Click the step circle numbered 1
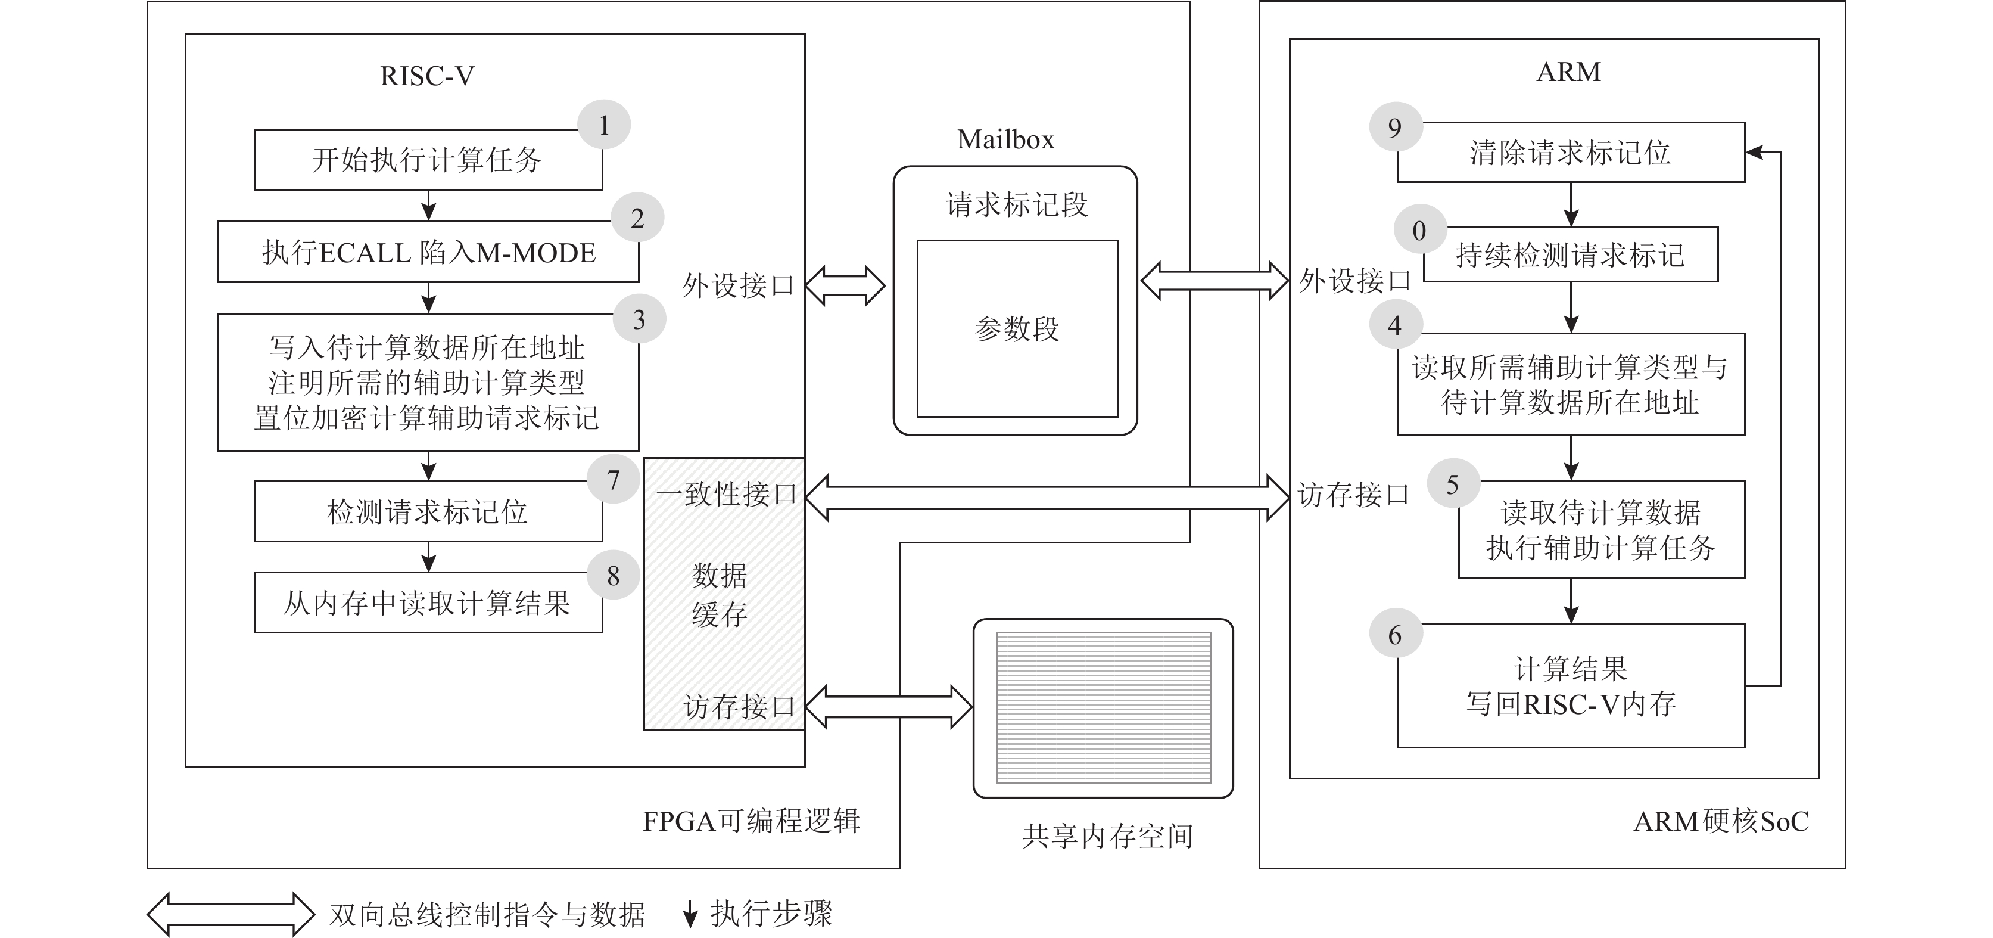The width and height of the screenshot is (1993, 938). [603, 125]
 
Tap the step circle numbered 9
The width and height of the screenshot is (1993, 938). [1395, 127]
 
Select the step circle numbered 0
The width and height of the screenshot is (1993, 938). [1419, 230]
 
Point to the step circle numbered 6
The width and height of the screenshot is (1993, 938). [1395, 635]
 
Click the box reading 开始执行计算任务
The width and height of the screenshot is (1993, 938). [428, 160]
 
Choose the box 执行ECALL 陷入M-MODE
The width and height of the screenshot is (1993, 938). [428, 252]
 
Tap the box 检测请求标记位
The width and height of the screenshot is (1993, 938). [428, 511]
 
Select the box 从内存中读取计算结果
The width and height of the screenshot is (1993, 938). [428, 603]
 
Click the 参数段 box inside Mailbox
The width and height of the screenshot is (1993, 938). [1017, 329]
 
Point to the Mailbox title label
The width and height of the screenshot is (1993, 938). [1006, 139]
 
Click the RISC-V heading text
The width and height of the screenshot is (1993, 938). [427, 76]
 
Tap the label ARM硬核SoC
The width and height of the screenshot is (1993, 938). [1721, 821]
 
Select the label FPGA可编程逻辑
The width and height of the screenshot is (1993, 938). [751, 821]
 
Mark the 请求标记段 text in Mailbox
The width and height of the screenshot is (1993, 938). [1017, 205]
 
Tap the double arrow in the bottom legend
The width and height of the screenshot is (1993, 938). [231, 915]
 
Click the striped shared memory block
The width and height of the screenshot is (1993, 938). [1103, 707]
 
